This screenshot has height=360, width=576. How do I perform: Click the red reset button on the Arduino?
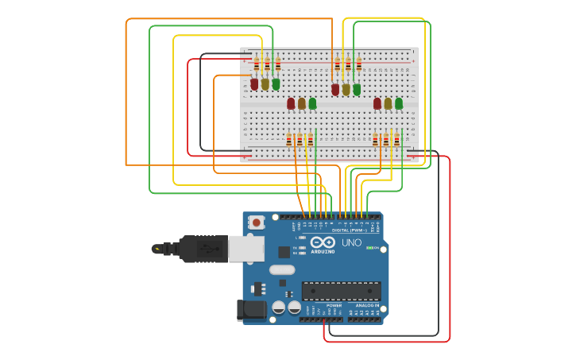pos(256,223)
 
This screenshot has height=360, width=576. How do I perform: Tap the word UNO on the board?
pos(351,242)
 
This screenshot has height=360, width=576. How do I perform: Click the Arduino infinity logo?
pos(323,242)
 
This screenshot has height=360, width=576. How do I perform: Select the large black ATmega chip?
pos(341,291)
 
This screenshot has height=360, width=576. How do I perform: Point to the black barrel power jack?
pos(251,310)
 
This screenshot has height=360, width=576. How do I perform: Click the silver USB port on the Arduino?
pos(246,249)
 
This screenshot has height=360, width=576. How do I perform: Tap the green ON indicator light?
pos(369,248)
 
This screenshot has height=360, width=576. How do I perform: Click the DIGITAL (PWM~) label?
pos(346,230)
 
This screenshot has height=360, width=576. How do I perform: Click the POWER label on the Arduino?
pos(334,305)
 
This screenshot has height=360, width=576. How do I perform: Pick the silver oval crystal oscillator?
pos(282,269)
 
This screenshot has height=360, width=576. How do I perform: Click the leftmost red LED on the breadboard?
pos(254,83)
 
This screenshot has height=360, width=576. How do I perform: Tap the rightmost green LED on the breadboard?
pos(399,103)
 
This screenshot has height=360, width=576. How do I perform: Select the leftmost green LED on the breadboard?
pos(276,83)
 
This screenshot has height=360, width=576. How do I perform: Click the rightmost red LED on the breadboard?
pos(377,103)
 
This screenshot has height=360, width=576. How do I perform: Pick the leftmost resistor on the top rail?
pos(257,64)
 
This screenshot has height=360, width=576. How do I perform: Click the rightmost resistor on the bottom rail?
pos(396,141)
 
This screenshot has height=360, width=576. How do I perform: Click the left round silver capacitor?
pos(279,307)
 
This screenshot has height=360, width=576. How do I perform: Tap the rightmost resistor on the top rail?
pos(358,64)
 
